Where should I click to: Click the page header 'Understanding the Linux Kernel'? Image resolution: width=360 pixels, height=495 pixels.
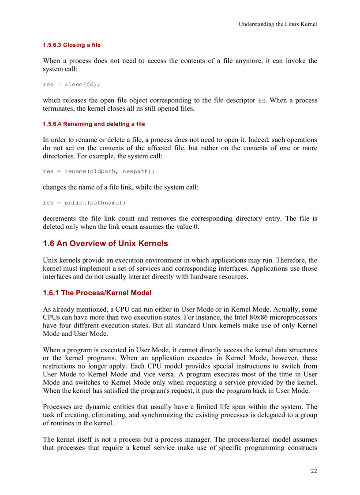coord(277,24)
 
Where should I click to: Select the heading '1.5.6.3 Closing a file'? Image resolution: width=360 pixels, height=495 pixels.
coord(71,45)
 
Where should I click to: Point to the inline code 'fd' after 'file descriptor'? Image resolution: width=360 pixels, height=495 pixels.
coord(262,101)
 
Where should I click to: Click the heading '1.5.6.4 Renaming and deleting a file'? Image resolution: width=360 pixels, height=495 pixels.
coord(94,124)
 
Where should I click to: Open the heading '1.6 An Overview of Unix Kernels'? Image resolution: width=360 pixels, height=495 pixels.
coord(105,244)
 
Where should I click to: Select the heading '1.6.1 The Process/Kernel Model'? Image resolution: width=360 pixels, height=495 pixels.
coord(97,293)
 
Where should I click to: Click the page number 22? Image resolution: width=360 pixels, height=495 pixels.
coord(314,471)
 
